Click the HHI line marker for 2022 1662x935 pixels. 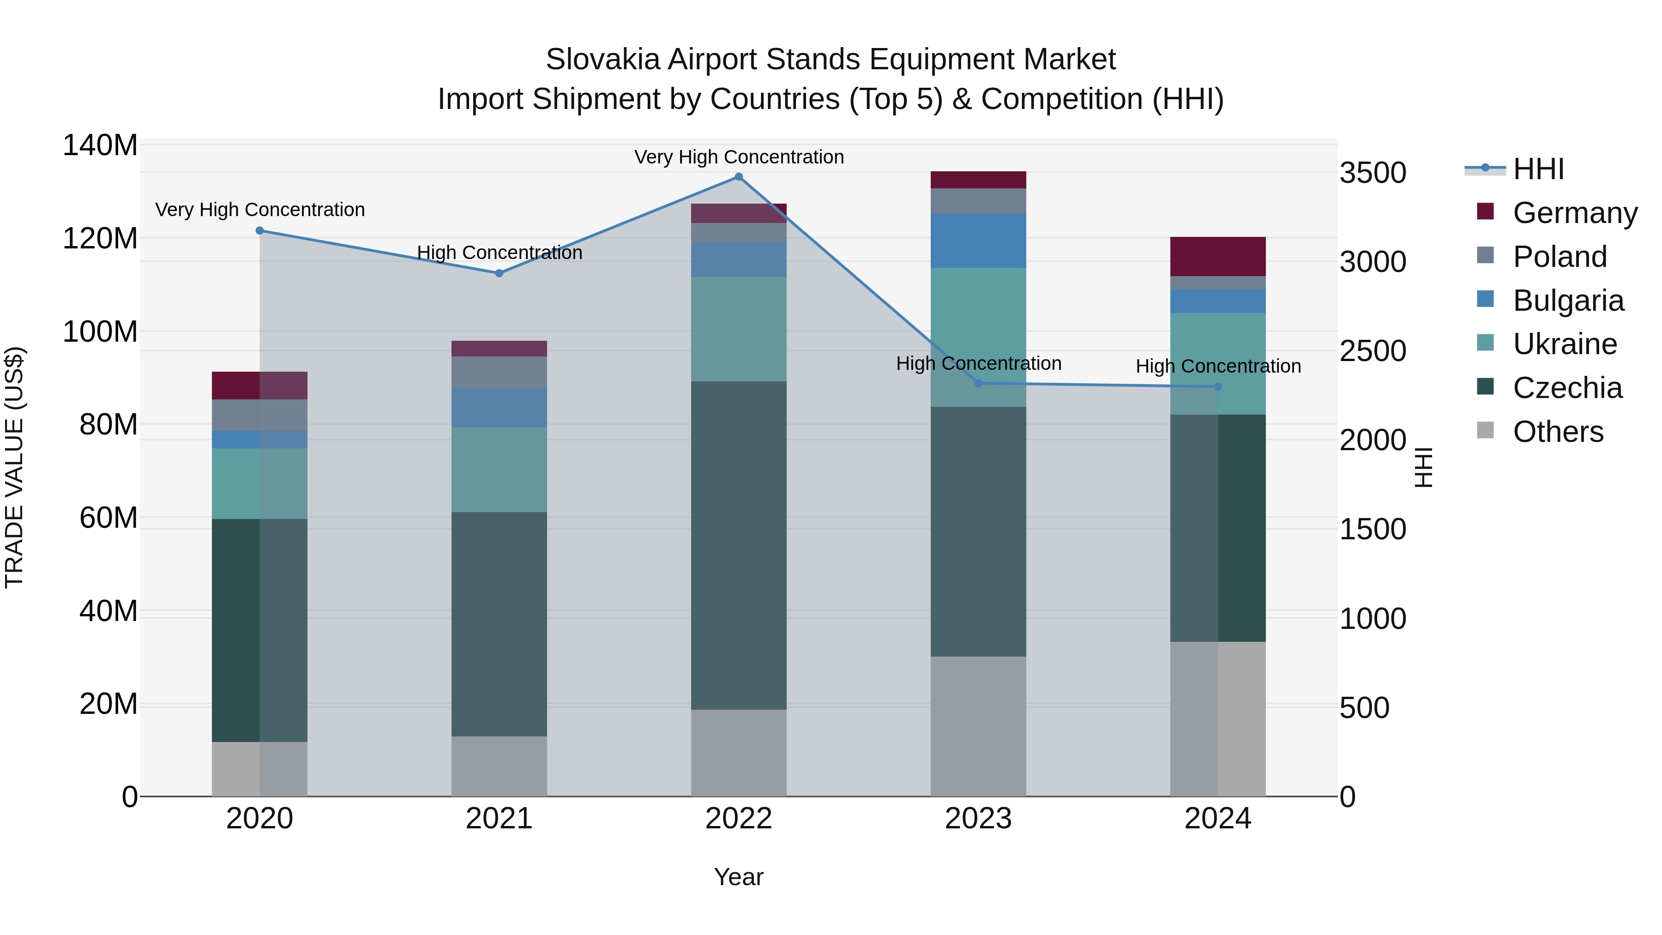tap(739, 177)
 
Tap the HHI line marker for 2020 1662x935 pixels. tap(259, 230)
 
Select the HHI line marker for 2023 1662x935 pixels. tap(978, 383)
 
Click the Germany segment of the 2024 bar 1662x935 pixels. tap(1217, 257)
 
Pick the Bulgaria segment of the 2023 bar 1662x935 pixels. tap(978, 241)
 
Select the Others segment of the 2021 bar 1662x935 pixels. tap(499, 766)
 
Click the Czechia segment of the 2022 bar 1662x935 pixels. tap(739, 545)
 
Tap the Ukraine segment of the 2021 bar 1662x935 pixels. tap(499, 469)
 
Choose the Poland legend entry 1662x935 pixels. tap(1560, 257)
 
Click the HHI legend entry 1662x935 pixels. tap(1538, 169)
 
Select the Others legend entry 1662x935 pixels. tap(1558, 432)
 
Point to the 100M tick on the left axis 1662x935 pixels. tap(100, 332)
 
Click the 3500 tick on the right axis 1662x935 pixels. tap(1373, 173)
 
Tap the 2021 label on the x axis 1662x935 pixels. tap(499, 819)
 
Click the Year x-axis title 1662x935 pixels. tap(739, 877)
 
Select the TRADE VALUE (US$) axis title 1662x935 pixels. tap(14, 467)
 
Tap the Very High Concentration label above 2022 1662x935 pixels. tap(739, 157)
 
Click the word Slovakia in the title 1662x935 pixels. tap(602, 60)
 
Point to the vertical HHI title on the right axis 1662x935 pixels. tap(1423, 467)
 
